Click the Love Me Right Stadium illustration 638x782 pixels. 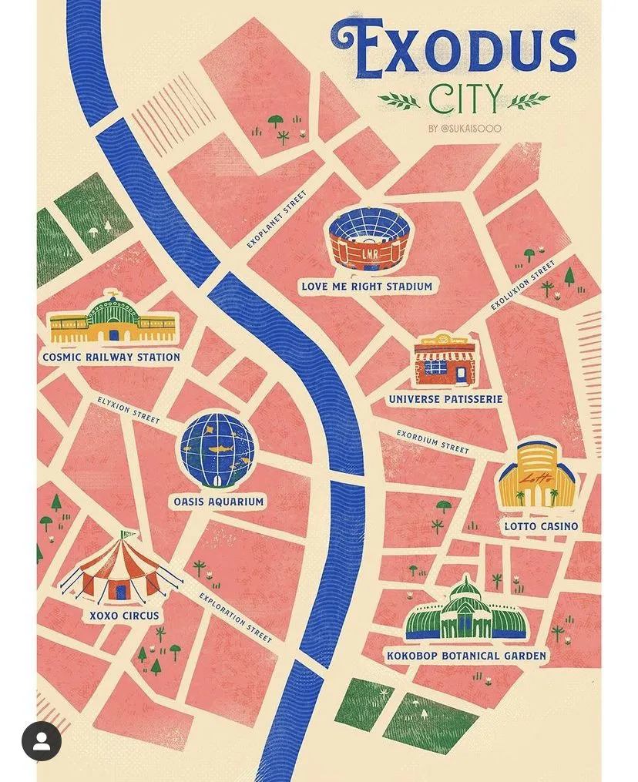point(368,240)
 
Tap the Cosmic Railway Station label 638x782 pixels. point(111,357)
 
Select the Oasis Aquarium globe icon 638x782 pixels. point(217,451)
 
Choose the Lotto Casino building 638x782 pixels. point(536,476)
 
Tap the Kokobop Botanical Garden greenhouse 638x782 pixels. point(465,613)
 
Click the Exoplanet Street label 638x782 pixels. point(276,220)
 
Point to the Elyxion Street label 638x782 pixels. point(129,410)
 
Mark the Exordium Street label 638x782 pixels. point(432,441)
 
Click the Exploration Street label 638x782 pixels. point(235,618)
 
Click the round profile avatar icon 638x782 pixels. point(42,740)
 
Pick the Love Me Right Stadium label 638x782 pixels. point(367,287)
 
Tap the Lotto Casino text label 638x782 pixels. point(541,527)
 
